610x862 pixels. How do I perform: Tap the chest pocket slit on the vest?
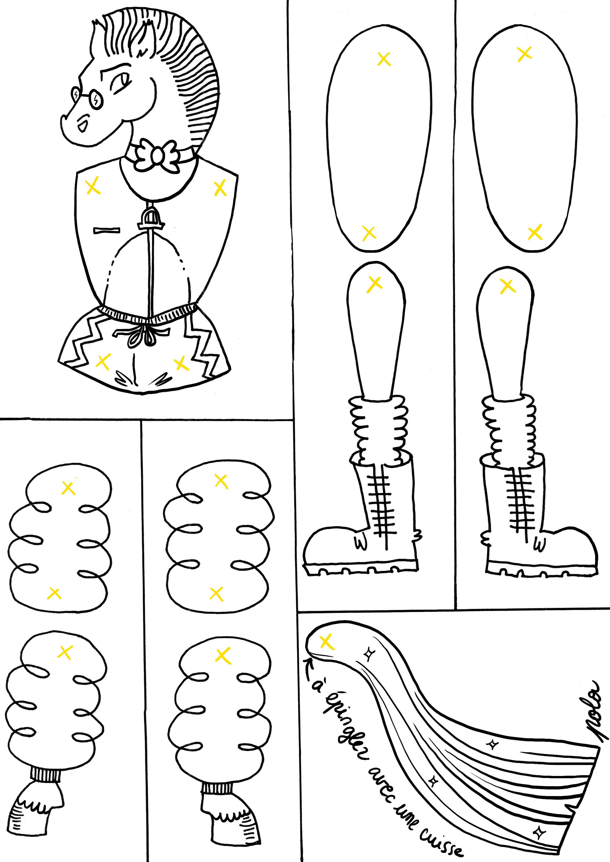107,230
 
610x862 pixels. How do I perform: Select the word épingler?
344,726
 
